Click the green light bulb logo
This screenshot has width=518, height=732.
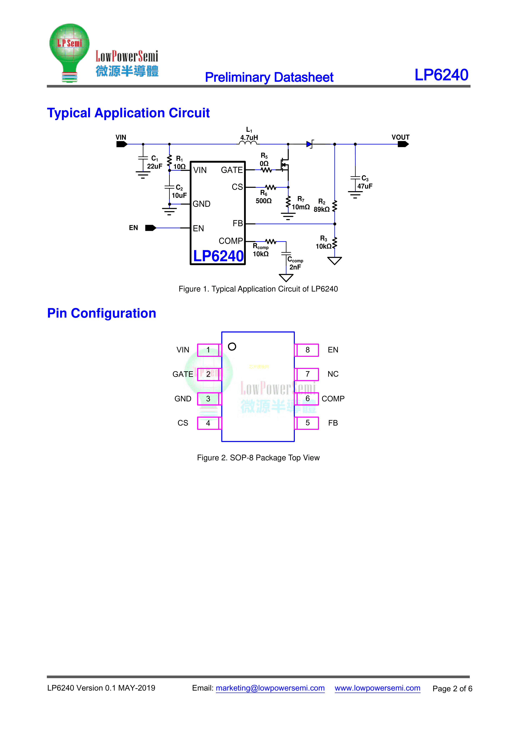click(69, 51)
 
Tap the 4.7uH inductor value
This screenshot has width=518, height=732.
click(249, 138)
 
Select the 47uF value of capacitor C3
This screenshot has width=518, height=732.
click(365, 186)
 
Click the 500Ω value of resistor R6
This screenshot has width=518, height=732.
click(263, 201)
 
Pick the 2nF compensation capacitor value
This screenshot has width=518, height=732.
click(295, 267)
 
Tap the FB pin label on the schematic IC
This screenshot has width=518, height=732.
click(238, 223)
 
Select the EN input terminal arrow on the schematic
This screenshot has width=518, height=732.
click(151, 228)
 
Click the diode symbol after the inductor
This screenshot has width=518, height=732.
click(309, 144)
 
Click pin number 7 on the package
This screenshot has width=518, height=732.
click(308, 374)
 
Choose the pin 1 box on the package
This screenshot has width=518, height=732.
click(208, 350)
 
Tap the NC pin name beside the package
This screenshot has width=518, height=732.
click(333, 374)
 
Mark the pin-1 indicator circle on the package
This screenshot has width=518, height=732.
click(232, 347)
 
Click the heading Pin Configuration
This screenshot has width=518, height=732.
click(101, 313)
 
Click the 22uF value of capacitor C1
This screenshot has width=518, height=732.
click(154, 167)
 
